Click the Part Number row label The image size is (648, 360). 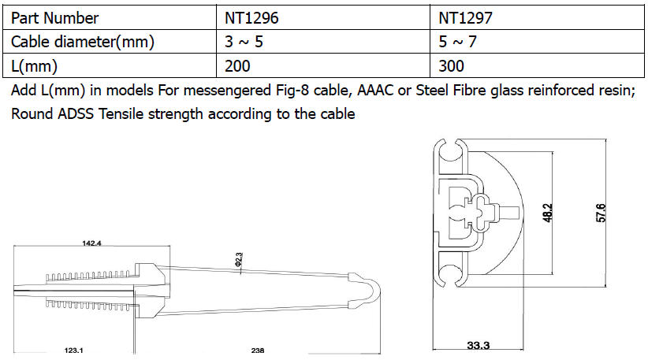(x=54, y=18)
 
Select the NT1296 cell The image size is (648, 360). (x=251, y=18)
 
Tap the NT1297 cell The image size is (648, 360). (x=465, y=18)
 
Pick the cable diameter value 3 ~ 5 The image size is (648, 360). (x=244, y=42)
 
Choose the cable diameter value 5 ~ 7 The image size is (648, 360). (x=457, y=42)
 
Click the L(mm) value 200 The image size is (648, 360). (x=237, y=66)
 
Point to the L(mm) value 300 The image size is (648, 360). (x=451, y=66)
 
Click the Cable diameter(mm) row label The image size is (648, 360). (x=83, y=42)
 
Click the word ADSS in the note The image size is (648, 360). (x=76, y=114)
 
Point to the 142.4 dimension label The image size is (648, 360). (x=91, y=243)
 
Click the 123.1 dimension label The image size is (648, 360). (x=73, y=351)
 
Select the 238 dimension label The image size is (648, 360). (x=258, y=351)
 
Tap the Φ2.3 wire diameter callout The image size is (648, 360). (x=239, y=260)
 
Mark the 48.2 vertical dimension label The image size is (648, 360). (x=547, y=213)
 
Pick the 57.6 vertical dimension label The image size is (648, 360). (x=601, y=213)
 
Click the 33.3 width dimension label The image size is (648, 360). (x=479, y=345)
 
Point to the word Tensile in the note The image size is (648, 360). (x=121, y=114)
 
